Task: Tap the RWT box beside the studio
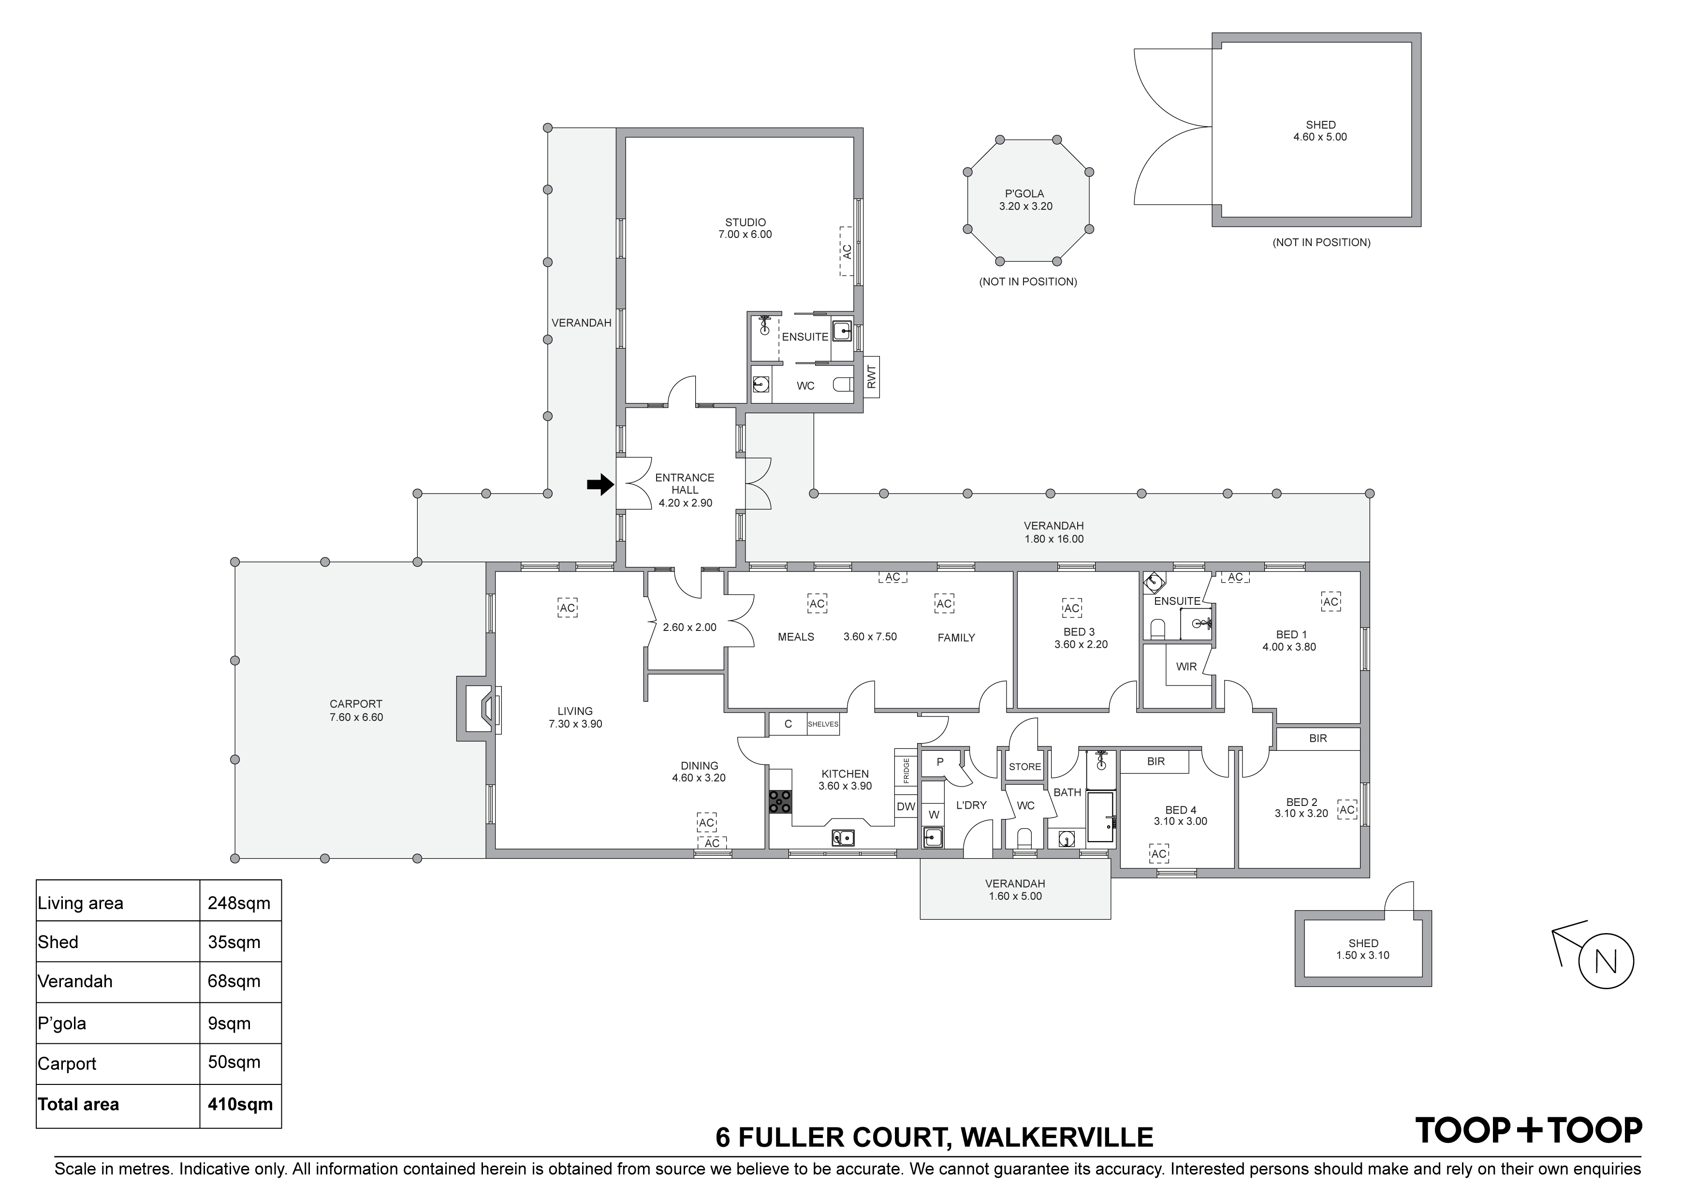click(871, 377)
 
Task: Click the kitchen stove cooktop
click(780, 802)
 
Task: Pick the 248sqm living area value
click(239, 903)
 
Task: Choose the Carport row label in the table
click(67, 1064)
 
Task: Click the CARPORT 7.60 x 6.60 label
click(356, 711)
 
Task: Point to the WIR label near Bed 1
click(1186, 666)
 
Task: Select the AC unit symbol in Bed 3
click(1072, 608)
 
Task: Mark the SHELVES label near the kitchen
click(823, 724)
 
